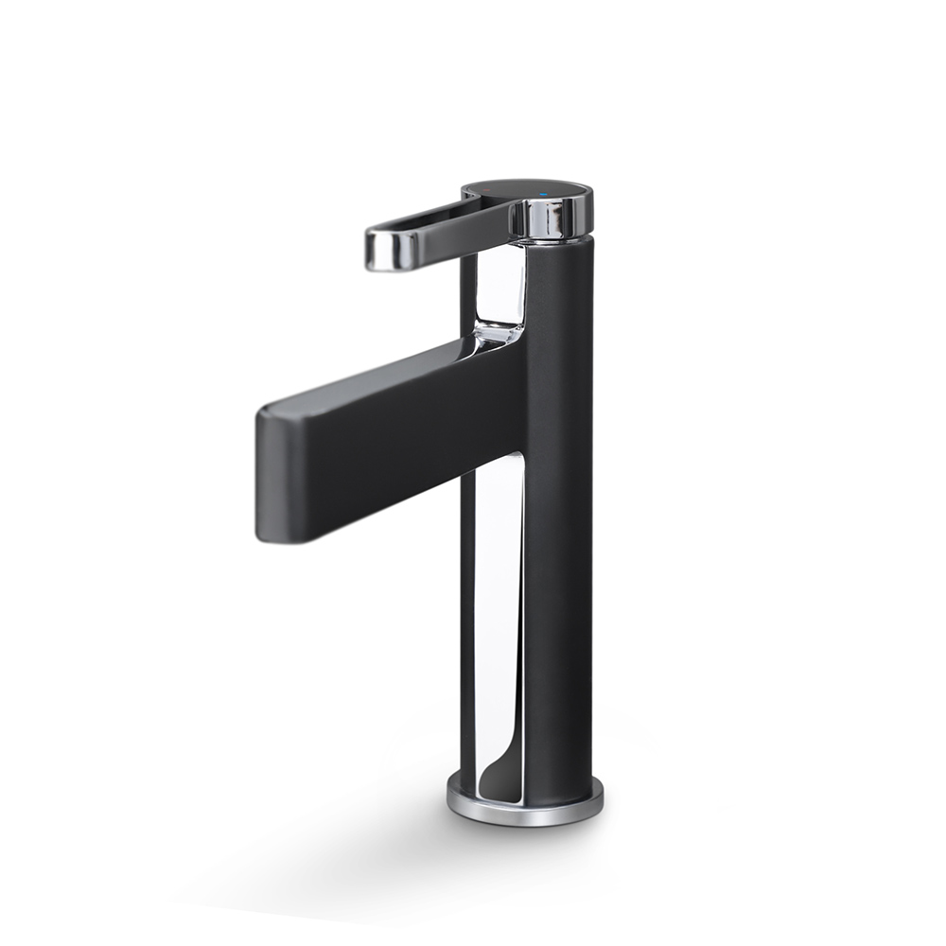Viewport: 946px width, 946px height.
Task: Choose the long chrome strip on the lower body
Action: pos(498,615)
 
